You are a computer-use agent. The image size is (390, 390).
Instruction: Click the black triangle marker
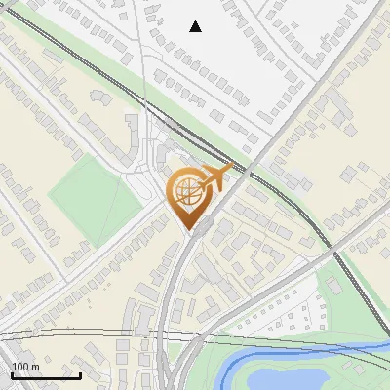click(x=196, y=26)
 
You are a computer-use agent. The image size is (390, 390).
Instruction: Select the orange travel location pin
click(x=192, y=195)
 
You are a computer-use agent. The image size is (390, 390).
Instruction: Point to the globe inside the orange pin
click(x=190, y=192)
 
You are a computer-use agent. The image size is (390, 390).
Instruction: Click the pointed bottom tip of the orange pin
click(x=192, y=230)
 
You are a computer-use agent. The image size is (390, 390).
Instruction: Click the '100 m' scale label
click(x=25, y=367)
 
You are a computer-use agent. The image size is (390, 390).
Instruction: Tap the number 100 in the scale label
click(x=20, y=367)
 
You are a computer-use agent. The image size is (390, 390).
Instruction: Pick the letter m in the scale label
click(x=35, y=367)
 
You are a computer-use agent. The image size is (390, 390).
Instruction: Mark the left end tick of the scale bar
click(x=12, y=373)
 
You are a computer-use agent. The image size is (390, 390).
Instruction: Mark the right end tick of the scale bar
click(x=80, y=373)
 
